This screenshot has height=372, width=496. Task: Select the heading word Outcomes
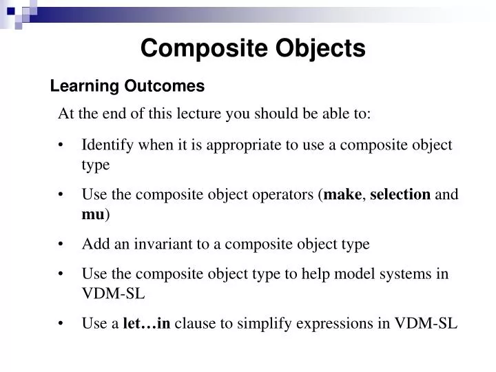[x=165, y=86]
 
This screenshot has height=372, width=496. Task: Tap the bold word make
[x=342, y=194]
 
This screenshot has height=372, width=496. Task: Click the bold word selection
[x=400, y=194]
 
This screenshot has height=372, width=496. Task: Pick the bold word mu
[x=92, y=214]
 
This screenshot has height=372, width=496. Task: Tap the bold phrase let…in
[x=147, y=323]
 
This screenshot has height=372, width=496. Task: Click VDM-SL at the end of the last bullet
[x=425, y=323]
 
